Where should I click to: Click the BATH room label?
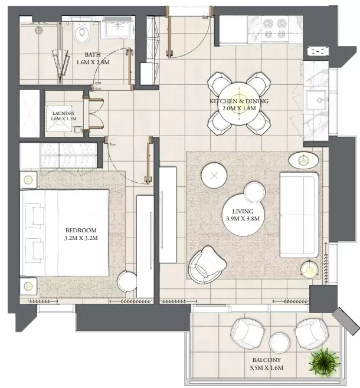coord(93,54)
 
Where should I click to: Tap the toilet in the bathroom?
coord(82,33)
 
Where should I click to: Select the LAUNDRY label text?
coord(63,113)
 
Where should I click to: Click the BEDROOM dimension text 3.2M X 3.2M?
coord(81,238)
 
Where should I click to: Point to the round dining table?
coord(238,104)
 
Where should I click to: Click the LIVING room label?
coord(243,211)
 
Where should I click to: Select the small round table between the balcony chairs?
coord(279,343)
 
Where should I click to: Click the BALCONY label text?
coord(266,360)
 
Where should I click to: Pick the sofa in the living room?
coord(299,215)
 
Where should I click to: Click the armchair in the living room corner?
coord(207,265)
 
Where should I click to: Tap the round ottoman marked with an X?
coord(214,176)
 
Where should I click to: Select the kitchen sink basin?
coord(316,100)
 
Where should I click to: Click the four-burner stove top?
coord(275,29)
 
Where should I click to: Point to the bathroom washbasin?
coord(117,27)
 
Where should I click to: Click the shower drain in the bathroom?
coord(38,31)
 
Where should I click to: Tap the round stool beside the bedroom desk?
coord(127,281)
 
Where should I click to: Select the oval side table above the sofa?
coord(303,160)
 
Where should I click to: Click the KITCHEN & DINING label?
coord(239,101)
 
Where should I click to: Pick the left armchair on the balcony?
coord(247,334)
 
